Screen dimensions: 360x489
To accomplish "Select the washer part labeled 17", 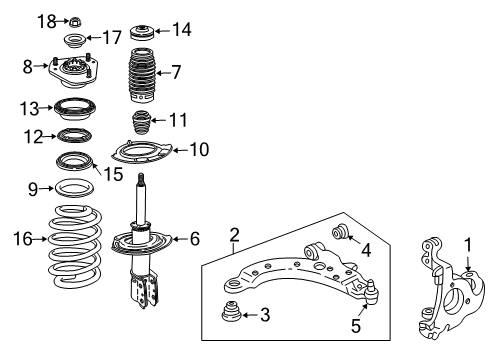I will coord(75,41).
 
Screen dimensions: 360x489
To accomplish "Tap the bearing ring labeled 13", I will coord(74,108).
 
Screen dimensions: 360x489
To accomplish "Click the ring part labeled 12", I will coord(74,136).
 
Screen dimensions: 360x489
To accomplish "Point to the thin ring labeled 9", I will coord(74,188).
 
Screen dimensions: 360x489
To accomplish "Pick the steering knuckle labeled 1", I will coord(446,300).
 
